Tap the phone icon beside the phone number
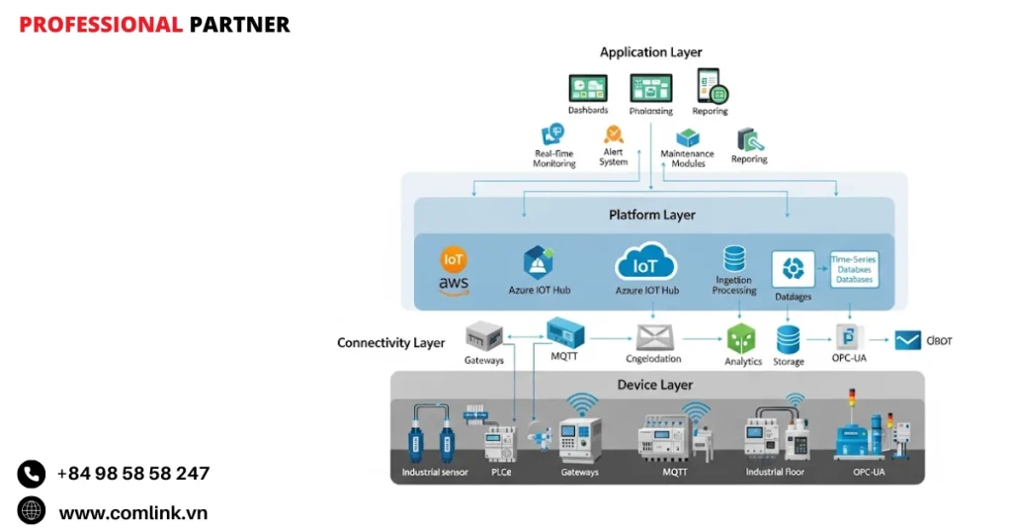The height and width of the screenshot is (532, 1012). (x=32, y=474)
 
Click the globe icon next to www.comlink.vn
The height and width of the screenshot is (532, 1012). (x=32, y=511)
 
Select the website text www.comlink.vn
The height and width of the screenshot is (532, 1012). (x=132, y=512)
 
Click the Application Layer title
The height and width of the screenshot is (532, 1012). (x=650, y=51)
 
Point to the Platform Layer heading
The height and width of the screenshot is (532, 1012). (x=651, y=215)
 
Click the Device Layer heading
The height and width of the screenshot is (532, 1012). (x=655, y=385)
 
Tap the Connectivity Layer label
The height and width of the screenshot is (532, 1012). (x=390, y=343)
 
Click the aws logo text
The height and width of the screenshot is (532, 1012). (x=454, y=285)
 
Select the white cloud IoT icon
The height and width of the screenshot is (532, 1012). (x=645, y=264)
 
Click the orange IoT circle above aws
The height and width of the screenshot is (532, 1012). (x=453, y=260)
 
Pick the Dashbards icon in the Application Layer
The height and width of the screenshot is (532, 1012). (x=587, y=89)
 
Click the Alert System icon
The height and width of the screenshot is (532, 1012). (x=614, y=133)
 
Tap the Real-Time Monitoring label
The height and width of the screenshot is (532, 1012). (x=554, y=158)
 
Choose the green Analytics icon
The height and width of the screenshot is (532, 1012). (x=742, y=339)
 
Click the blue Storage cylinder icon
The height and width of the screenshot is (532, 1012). (x=788, y=339)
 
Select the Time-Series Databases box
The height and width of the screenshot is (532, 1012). (x=854, y=269)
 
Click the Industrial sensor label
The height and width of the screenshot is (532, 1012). (x=434, y=473)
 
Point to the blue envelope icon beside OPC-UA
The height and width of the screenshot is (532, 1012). (x=908, y=341)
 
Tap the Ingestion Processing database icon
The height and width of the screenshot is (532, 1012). (x=734, y=259)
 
